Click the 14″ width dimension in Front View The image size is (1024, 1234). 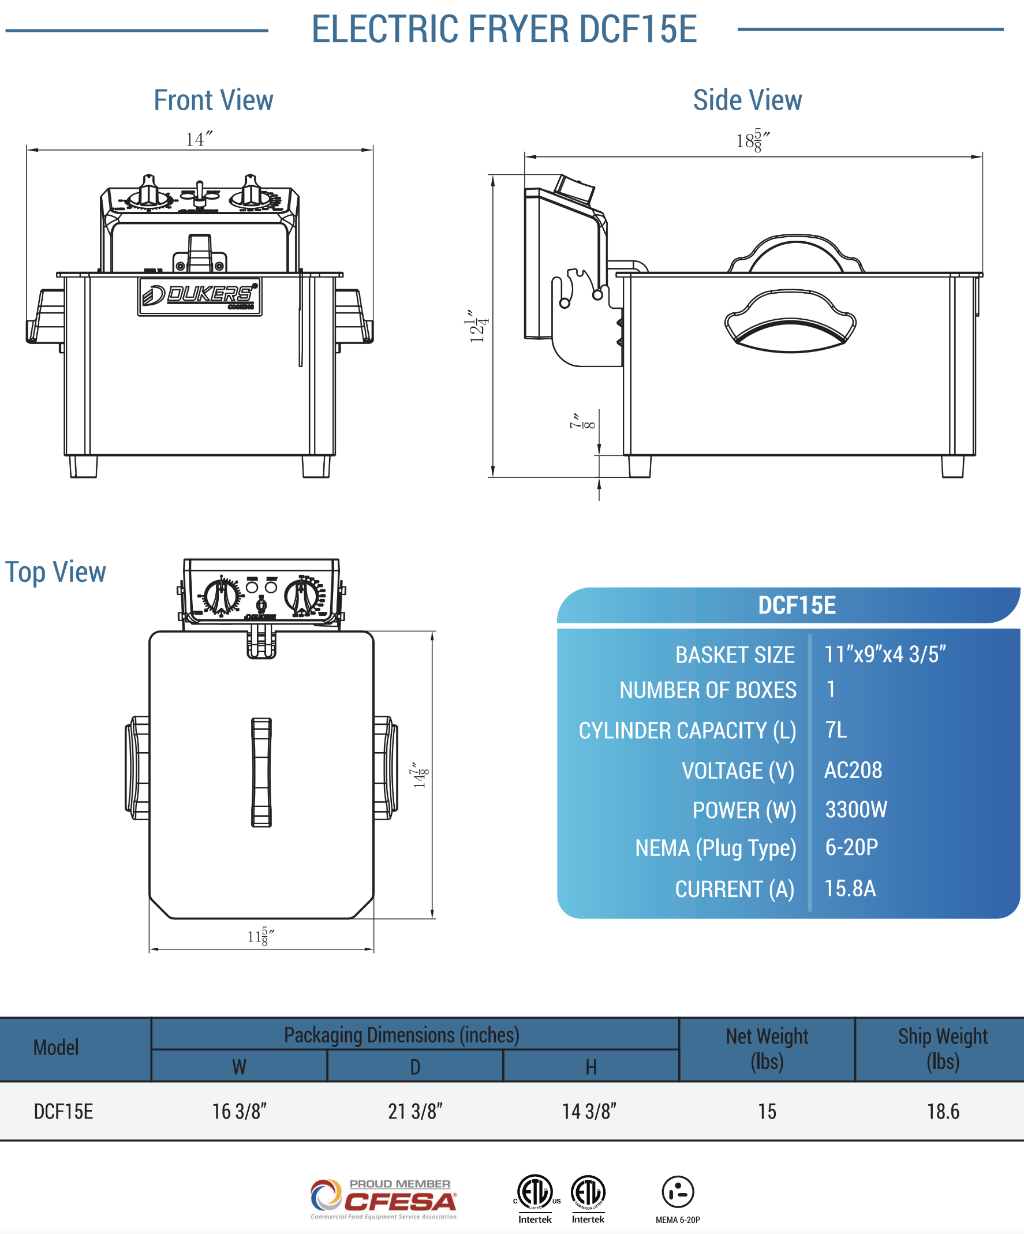coord(198,139)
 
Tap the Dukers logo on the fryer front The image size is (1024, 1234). coord(200,296)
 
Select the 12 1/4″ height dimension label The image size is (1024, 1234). coord(478,326)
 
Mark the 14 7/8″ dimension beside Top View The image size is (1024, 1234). coord(420,775)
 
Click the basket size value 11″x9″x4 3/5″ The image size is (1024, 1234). coord(884,654)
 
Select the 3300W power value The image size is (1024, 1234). coord(856,810)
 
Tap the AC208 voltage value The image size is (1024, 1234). coord(853,770)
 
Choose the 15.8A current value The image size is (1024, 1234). coord(850,888)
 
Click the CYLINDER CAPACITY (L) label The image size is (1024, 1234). coord(686,730)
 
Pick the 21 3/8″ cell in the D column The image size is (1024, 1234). coord(415,1112)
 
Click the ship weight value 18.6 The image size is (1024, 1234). coord(943,1112)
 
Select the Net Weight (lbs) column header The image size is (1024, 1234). coord(767,1049)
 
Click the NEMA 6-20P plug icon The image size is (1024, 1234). coord(678,1192)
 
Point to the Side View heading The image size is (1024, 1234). coord(747,100)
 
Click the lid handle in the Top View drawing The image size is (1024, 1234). coord(261,772)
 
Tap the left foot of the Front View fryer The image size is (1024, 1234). coord(83,466)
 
